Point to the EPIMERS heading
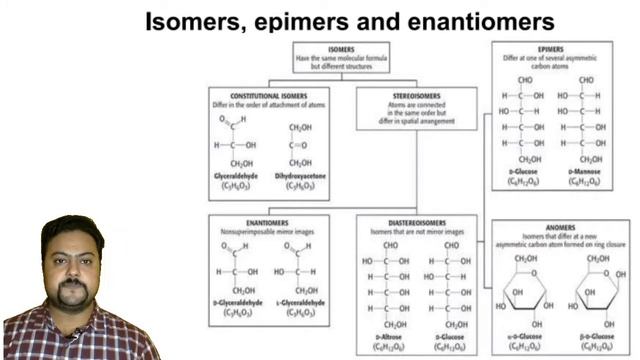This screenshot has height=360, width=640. click(549, 49)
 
